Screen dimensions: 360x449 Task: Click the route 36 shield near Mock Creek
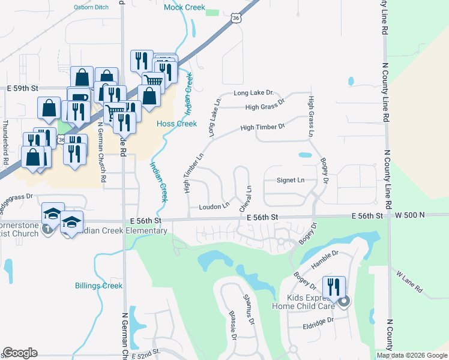click(x=236, y=18)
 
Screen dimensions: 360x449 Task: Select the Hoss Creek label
click(x=176, y=124)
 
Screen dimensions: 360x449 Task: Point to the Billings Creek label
click(x=99, y=286)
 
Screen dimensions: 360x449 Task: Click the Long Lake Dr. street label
click(x=253, y=93)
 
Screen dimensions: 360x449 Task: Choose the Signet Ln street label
click(x=291, y=179)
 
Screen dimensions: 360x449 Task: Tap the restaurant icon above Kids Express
click(x=334, y=287)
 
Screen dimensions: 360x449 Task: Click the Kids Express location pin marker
click(x=343, y=302)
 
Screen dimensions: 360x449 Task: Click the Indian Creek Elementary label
click(x=120, y=230)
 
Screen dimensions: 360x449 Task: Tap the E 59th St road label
click(x=22, y=88)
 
